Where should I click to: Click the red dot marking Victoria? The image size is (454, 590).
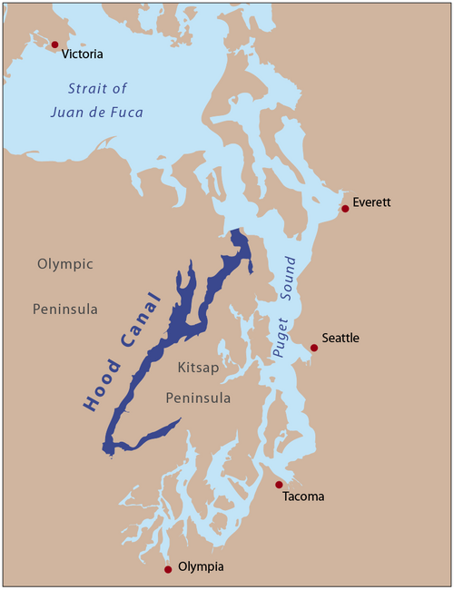(54, 44)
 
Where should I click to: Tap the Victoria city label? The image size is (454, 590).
(83, 54)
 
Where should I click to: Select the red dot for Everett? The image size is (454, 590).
(345, 209)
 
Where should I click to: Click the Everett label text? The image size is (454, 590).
(371, 202)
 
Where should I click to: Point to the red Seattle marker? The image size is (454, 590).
(314, 348)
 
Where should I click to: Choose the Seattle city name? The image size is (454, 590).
(340, 339)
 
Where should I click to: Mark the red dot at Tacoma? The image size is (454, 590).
(280, 485)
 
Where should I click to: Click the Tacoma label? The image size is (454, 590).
(302, 497)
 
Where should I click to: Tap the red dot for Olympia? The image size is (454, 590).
(168, 569)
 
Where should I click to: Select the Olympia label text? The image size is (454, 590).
(199, 566)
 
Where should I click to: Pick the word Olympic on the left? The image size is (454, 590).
(64, 264)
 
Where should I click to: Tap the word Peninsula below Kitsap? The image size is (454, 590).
(197, 398)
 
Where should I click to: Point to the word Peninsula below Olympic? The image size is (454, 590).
(65, 309)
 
